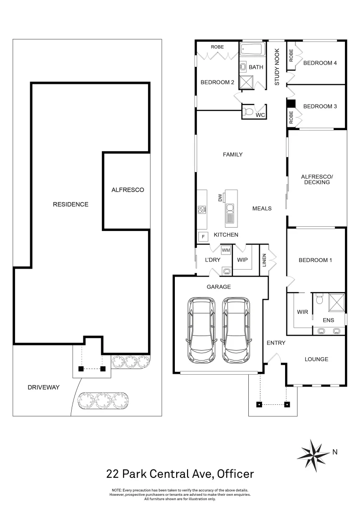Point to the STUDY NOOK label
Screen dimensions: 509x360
pos(277,67)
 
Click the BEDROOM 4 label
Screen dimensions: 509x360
pos(320,63)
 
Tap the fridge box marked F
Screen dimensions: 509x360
pos(203,237)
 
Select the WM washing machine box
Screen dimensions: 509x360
pos(225,250)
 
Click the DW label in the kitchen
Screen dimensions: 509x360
pos(220,198)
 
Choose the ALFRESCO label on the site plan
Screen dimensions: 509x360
pos(127,190)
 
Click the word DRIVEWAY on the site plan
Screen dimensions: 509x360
pos(43,387)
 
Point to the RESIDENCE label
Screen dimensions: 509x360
pos(71,204)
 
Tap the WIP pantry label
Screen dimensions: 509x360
pos(242,260)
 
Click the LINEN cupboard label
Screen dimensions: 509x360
pos(264,260)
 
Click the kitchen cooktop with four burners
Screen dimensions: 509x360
pos(202,210)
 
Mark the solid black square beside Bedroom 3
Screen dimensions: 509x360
pos(291,104)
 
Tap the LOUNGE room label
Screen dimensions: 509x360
pos(316,359)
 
